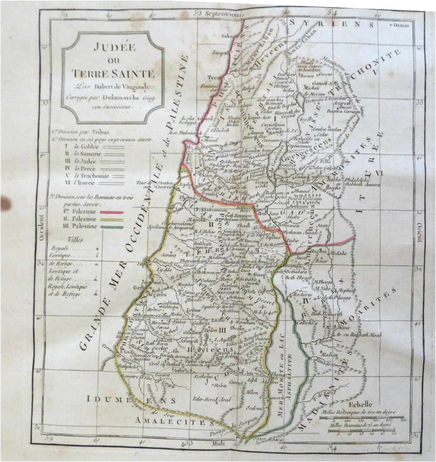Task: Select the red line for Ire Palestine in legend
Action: pos(111,212)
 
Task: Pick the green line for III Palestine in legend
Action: pos(111,227)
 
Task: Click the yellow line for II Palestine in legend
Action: pos(111,220)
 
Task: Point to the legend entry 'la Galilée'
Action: pos(85,147)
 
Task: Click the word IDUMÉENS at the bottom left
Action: pos(131,401)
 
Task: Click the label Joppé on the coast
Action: pos(147,264)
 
